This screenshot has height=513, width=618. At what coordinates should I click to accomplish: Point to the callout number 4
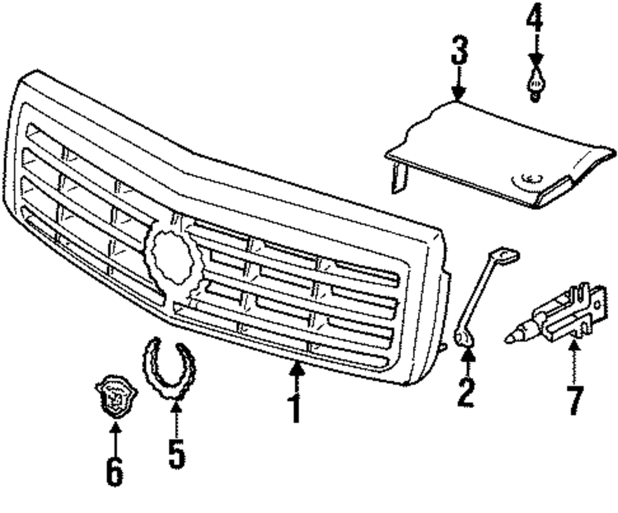[535, 20]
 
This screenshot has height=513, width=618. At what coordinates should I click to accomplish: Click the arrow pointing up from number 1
[297, 373]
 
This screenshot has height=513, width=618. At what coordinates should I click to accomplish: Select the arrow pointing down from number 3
[458, 86]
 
